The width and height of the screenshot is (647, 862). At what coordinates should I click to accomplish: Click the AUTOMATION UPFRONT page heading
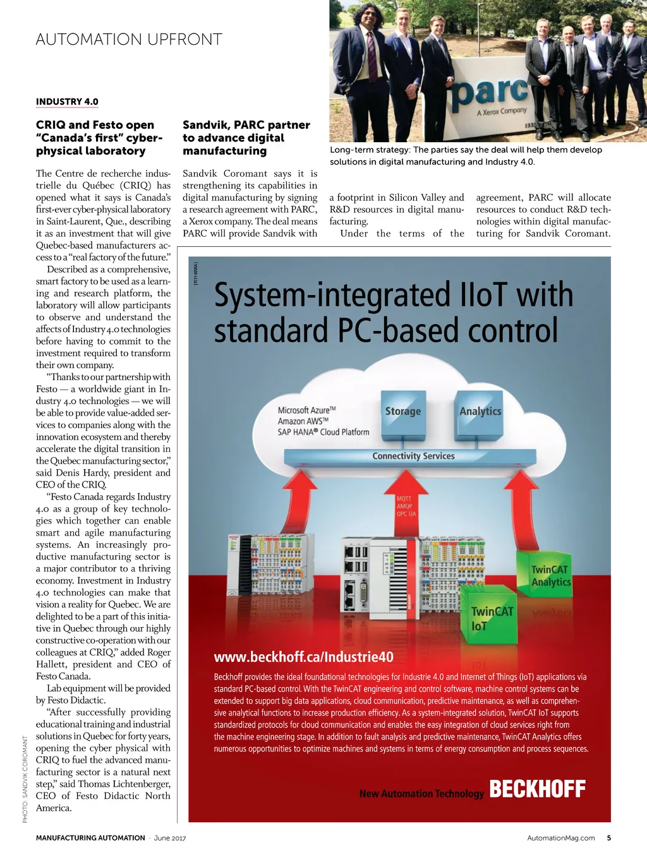tap(129, 39)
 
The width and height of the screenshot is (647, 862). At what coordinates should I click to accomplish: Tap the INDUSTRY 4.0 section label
tap(67, 102)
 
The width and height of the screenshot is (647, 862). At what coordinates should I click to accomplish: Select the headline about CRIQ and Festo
tap(99, 138)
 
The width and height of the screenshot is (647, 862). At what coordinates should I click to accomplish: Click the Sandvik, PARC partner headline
tap(246, 138)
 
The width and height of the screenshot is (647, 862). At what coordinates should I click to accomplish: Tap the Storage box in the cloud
tap(402, 411)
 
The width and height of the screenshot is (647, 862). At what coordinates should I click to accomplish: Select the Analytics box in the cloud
tap(480, 411)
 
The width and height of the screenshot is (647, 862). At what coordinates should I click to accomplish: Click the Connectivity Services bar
tap(413, 456)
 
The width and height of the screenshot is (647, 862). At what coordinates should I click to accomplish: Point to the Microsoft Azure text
tap(306, 410)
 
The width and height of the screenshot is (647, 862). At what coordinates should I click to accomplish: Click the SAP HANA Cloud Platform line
tap(323, 432)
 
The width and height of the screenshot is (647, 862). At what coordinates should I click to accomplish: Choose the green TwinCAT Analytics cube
tap(550, 575)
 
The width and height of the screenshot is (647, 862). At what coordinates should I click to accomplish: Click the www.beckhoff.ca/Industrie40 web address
tap(303, 657)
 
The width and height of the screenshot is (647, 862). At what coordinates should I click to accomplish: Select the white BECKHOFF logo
tap(537, 789)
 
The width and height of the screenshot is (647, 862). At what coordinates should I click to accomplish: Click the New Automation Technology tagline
tap(421, 793)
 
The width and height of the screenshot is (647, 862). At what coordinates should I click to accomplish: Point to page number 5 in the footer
tap(608, 838)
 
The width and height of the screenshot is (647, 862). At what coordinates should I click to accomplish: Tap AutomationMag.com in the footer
tap(560, 838)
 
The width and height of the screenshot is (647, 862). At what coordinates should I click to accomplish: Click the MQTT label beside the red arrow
tap(404, 499)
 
